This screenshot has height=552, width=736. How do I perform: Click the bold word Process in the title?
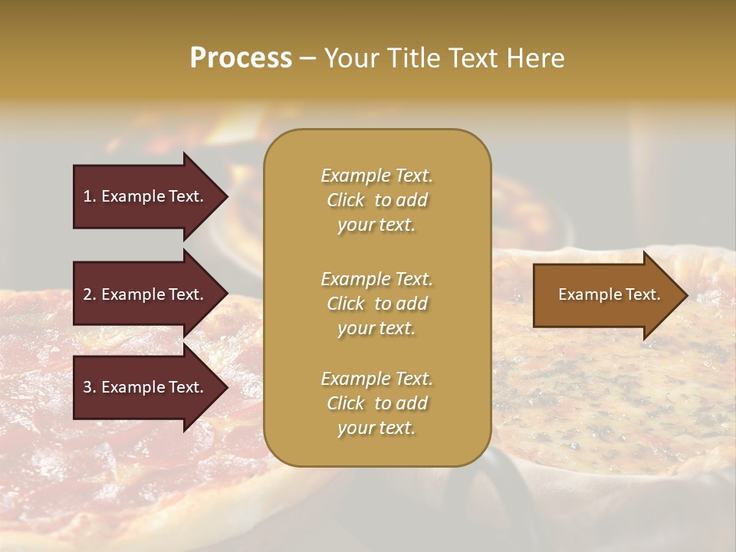pos(241,58)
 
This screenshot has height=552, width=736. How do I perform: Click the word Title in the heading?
pos(412,58)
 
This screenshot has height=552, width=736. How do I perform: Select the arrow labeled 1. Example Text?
pos(146,196)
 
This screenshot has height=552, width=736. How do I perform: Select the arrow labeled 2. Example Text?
pos(146,294)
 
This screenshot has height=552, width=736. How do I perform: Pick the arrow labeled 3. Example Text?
pos(146,387)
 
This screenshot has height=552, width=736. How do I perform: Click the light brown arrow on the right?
pos(606,294)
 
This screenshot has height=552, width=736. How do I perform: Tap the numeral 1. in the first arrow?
pos(90,196)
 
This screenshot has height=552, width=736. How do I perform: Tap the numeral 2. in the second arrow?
pos(90,294)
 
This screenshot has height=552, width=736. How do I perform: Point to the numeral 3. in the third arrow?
pos(90,387)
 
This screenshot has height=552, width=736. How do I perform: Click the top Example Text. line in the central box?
pos(376,176)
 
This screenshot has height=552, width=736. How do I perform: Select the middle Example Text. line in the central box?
pos(376,278)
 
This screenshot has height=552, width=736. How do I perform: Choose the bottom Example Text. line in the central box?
pos(376,379)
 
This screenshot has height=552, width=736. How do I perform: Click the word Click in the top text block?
pos(346,200)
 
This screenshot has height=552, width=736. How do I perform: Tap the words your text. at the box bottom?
pos(376,428)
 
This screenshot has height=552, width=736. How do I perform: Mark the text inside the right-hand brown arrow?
pos(609,294)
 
